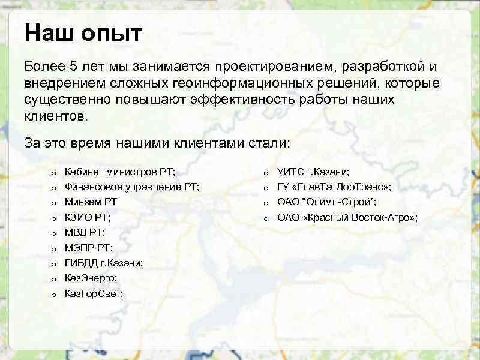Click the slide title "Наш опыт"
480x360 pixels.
pos(83,33)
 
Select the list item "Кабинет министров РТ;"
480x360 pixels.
pos(120,172)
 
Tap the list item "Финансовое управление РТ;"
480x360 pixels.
pos(132,187)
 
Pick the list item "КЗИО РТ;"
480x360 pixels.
pos(87,217)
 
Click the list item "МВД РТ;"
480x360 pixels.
pos(85,232)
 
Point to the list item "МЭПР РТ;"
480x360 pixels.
pos(88,247)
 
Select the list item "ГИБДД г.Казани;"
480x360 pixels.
pos(103,263)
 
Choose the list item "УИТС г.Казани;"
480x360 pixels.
pos(313,172)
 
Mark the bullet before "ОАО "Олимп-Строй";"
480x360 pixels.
pos(264,203)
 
